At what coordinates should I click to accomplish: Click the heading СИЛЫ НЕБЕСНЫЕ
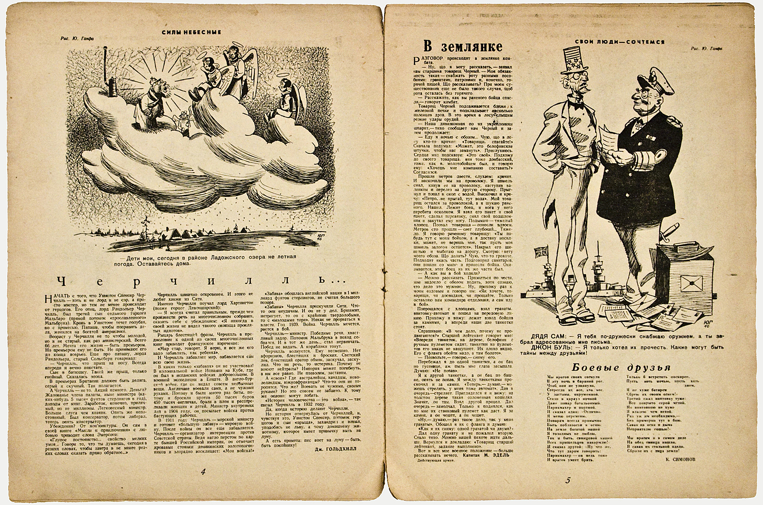pyautogui.click(x=191, y=32)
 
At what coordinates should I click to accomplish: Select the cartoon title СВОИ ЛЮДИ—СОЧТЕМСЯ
pyautogui.click(x=620, y=42)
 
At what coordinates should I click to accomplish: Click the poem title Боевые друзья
pyautogui.click(x=621, y=367)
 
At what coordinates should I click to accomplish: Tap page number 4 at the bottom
pyautogui.click(x=202, y=472)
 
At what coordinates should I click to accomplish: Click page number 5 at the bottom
pyautogui.click(x=568, y=481)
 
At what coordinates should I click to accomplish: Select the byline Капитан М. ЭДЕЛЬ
pyautogui.click(x=495, y=454)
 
